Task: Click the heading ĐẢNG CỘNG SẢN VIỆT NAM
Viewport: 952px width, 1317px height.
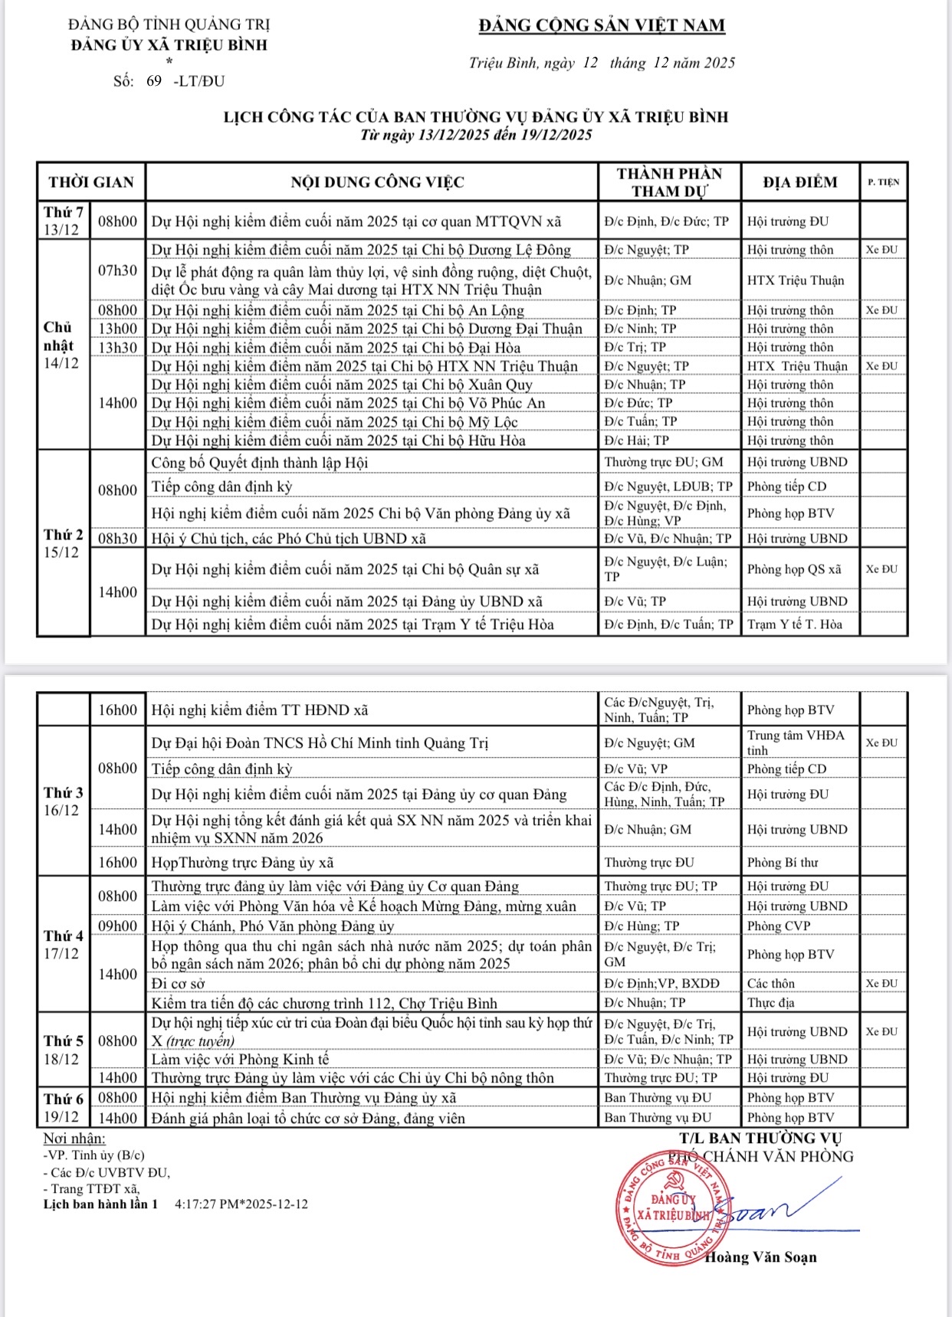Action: [x=602, y=25]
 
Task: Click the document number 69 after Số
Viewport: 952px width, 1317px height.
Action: [x=154, y=81]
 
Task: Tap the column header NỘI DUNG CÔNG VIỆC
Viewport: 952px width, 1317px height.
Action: [x=377, y=182]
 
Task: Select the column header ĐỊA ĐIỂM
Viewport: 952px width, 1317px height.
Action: [x=799, y=182]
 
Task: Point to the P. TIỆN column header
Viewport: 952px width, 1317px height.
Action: [x=883, y=182]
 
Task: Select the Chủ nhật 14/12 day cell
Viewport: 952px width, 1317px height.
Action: [x=62, y=345]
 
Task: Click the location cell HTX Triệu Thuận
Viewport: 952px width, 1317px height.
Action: [x=796, y=280]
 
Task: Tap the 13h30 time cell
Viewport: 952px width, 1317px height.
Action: [x=117, y=348]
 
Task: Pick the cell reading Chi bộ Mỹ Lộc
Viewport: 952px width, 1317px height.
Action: [x=334, y=422]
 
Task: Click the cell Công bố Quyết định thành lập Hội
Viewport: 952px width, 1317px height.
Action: [x=260, y=463]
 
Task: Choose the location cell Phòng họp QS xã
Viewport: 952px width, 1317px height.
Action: [x=794, y=569]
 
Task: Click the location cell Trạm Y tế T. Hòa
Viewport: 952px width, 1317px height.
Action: [x=794, y=624]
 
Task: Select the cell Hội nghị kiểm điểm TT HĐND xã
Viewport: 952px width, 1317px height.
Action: [x=260, y=710]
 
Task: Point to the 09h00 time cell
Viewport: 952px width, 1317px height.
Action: [x=117, y=926]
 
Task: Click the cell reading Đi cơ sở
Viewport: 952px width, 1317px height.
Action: [x=178, y=984]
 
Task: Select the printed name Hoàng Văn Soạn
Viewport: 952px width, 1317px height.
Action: [x=760, y=1257]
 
